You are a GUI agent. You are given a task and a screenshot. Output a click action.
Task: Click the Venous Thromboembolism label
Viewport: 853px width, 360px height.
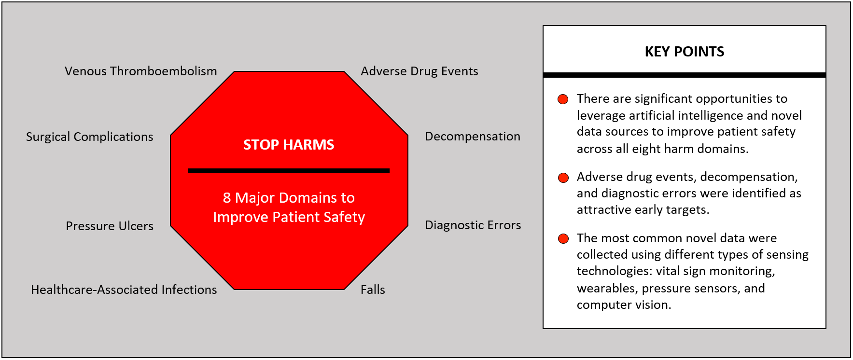(x=140, y=71)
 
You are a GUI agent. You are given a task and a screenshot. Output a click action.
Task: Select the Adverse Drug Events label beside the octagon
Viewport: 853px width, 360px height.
(x=420, y=71)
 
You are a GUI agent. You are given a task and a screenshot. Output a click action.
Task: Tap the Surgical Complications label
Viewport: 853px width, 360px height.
(x=89, y=137)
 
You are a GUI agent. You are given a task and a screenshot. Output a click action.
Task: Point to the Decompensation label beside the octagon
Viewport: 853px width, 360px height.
(x=472, y=137)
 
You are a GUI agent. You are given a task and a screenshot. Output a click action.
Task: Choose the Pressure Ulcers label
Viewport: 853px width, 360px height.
(x=110, y=226)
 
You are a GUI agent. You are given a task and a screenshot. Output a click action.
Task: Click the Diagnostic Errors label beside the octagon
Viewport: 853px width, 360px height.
(x=473, y=225)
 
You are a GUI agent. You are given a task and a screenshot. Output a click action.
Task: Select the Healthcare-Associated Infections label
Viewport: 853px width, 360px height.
(x=124, y=290)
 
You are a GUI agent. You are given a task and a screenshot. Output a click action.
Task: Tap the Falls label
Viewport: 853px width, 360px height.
(x=373, y=290)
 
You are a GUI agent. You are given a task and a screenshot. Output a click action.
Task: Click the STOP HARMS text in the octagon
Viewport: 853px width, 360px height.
(x=289, y=145)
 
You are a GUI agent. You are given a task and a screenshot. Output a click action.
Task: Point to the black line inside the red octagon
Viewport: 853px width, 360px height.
(x=289, y=171)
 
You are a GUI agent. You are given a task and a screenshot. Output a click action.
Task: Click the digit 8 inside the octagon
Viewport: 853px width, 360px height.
(x=227, y=198)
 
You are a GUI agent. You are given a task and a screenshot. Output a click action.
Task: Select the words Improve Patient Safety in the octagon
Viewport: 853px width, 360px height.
(x=289, y=218)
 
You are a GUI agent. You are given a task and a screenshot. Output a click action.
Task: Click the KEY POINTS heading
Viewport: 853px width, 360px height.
(x=684, y=52)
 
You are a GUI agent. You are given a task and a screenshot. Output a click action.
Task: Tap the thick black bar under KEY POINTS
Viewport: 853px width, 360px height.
(x=684, y=75)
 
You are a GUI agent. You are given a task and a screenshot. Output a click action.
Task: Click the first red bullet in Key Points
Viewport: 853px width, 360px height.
(x=563, y=99)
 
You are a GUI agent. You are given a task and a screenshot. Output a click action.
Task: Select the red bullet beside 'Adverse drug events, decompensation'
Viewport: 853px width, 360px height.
(x=563, y=178)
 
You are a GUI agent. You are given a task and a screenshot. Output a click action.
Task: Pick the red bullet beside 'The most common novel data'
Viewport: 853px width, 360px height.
(x=563, y=239)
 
